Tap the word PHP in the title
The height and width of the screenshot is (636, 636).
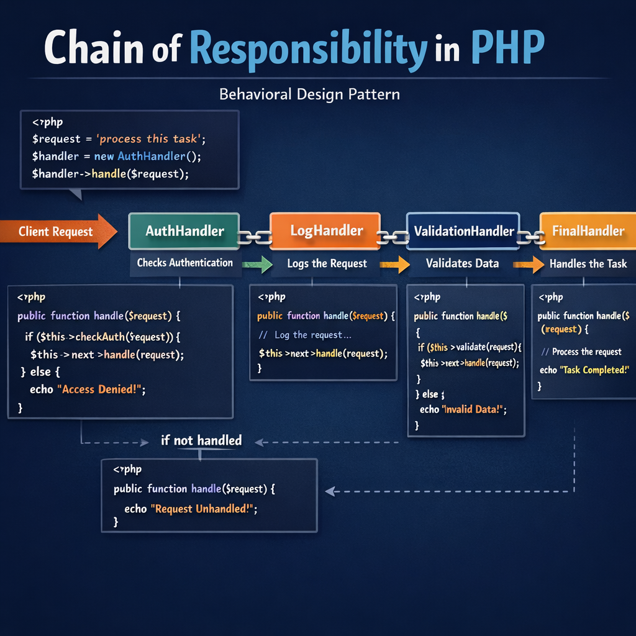tap(508, 48)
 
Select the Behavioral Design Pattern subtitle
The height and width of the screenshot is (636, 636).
tap(309, 94)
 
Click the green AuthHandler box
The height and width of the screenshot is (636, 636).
tap(184, 231)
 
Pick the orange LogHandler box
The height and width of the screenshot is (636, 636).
tap(326, 231)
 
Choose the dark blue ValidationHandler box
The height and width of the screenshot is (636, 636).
tap(463, 232)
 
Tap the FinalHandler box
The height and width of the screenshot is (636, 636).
tap(588, 231)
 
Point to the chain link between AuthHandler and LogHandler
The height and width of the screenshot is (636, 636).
tap(255, 236)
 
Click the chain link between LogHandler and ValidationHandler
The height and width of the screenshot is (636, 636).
tap(393, 237)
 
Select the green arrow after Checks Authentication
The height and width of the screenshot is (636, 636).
tap(257, 265)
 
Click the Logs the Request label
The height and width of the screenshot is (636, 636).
tap(327, 263)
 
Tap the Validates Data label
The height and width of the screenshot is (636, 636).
tap(462, 263)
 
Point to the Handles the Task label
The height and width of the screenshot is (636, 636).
tap(588, 264)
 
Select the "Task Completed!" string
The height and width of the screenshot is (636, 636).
tap(594, 370)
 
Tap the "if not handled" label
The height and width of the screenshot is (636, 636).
tap(201, 440)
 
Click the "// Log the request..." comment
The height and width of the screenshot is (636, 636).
tap(305, 335)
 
